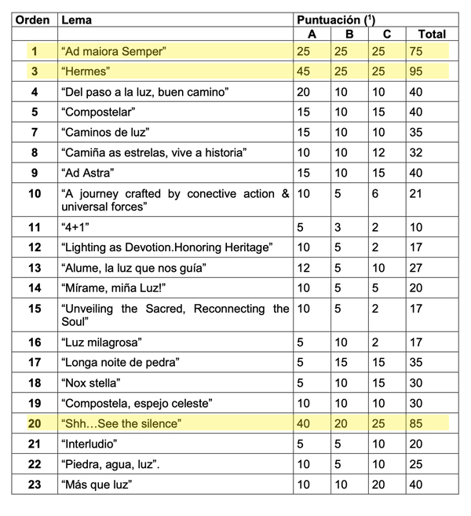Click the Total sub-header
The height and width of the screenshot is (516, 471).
(x=432, y=34)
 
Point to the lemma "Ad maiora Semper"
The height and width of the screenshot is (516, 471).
(x=114, y=52)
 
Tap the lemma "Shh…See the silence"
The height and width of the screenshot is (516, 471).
(x=121, y=424)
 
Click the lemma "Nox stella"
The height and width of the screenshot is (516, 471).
(x=90, y=384)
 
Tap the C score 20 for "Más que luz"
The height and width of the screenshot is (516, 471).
(x=381, y=485)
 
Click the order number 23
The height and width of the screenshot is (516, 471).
(x=35, y=485)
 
